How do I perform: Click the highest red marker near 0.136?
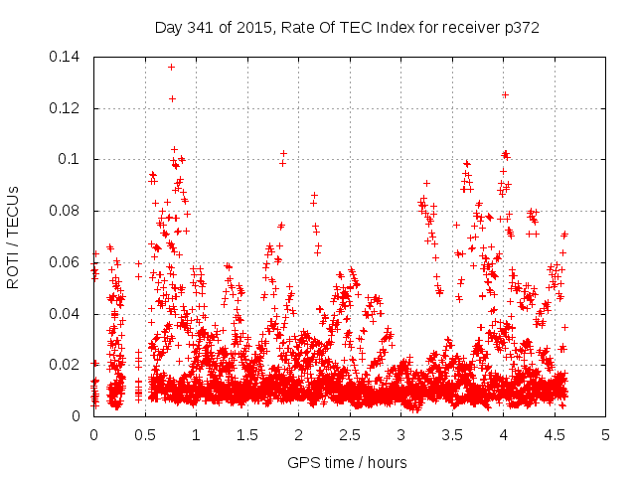pyautogui.click(x=172, y=68)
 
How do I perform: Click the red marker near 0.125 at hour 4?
pyautogui.click(x=505, y=95)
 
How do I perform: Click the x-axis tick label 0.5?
pyautogui.click(x=145, y=436)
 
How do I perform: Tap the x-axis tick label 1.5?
pyautogui.click(x=247, y=436)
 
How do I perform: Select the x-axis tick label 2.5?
pyautogui.click(x=350, y=436)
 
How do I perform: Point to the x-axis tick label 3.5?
pyautogui.click(x=452, y=436)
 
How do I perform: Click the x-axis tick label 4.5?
pyautogui.click(x=555, y=436)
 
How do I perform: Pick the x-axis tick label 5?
pyautogui.click(x=606, y=436)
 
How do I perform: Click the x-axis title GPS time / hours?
pyautogui.click(x=347, y=462)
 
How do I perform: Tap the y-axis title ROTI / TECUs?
pyautogui.click(x=14, y=237)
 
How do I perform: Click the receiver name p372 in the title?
pyautogui.click(x=520, y=28)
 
